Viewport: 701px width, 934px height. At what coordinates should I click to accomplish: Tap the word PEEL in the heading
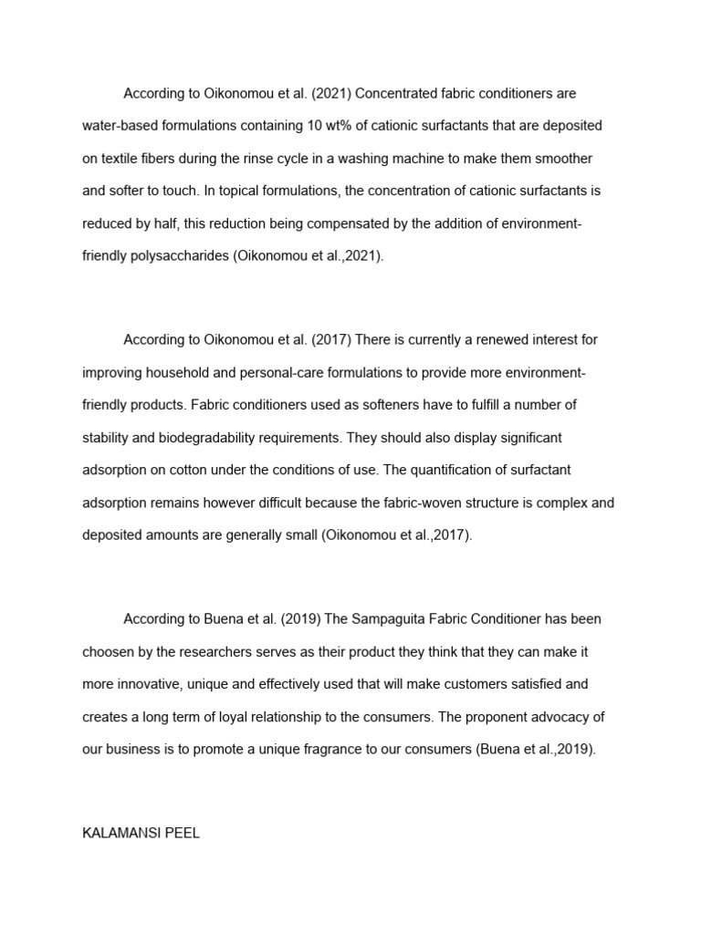point(183,833)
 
